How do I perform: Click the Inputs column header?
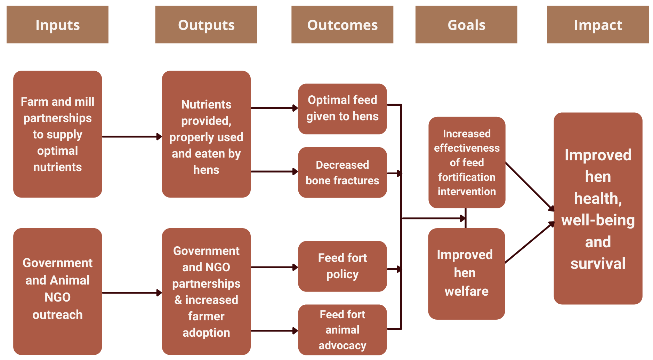coord(57,24)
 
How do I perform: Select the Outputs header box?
coord(206,24)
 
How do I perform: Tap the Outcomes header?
coord(342,24)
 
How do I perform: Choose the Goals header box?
coord(466,24)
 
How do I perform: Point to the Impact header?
coord(598,24)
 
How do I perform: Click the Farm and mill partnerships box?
coord(57,134)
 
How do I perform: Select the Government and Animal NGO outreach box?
coord(57,291)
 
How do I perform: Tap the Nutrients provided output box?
coord(206,134)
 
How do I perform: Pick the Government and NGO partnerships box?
coord(206,291)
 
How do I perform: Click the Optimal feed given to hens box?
coord(342,109)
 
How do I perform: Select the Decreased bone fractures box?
coord(342,173)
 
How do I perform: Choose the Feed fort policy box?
coord(342,266)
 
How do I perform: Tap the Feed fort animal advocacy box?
coord(342,330)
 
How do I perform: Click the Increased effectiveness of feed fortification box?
coord(467,162)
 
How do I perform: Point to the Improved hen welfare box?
coord(466,274)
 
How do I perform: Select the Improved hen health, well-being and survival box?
coord(598,208)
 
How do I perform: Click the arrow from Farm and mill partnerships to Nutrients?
coord(132,137)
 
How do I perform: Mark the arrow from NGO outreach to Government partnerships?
coord(132,293)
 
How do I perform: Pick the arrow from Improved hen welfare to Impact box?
coord(530,242)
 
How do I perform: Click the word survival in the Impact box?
coord(598,264)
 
